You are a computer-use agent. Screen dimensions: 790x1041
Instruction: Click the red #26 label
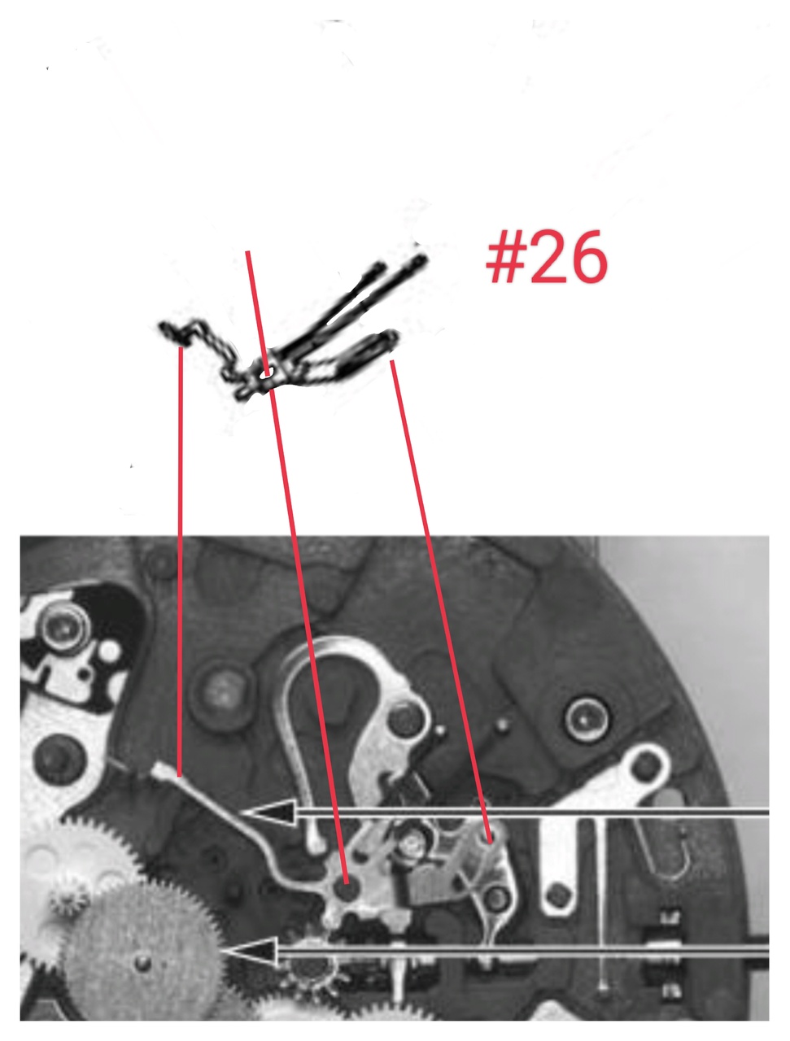pyautogui.click(x=546, y=256)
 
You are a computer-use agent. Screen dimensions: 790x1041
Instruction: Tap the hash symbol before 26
pyautogui.click(x=506, y=256)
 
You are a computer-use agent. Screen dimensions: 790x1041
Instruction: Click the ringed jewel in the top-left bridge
pyautogui.click(x=64, y=629)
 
